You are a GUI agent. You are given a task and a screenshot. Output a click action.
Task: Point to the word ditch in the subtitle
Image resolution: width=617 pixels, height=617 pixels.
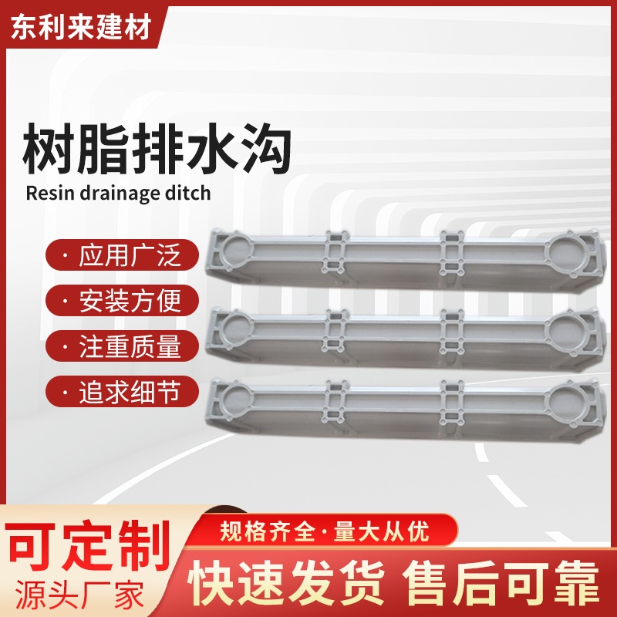click(x=186, y=192)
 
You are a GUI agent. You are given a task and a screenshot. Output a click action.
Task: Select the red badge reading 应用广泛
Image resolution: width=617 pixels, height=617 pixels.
click(x=122, y=255)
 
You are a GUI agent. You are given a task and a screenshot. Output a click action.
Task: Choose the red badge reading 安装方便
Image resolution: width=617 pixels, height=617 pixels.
click(x=122, y=300)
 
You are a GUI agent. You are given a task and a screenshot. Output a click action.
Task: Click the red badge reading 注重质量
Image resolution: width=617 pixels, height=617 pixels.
click(x=122, y=346)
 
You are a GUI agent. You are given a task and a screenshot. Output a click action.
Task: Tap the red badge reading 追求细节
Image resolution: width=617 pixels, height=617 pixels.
click(x=122, y=393)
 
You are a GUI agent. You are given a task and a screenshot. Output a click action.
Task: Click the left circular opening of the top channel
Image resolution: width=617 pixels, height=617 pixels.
click(x=236, y=251)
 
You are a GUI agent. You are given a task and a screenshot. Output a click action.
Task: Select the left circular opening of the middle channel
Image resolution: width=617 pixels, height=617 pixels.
click(x=236, y=328)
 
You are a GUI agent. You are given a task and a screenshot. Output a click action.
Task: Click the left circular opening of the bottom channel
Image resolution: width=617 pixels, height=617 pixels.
click(x=236, y=400)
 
